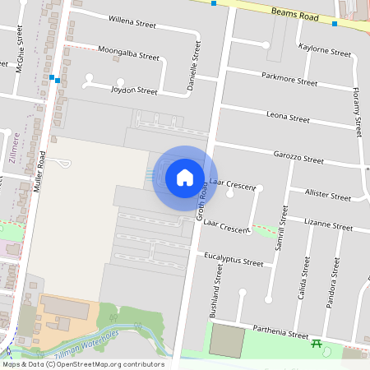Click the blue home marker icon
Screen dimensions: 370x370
[x=185, y=176]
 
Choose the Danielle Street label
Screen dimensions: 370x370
[x=194, y=69]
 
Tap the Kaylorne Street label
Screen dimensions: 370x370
[x=325, y=50]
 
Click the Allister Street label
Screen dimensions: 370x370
[x=327, y=196]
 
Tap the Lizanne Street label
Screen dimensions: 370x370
[x=327, y=224]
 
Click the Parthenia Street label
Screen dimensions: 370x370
[x=278, y=333]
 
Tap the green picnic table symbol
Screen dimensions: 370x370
[x=316, y=345]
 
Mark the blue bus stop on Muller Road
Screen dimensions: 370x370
[x=53, y=79]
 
